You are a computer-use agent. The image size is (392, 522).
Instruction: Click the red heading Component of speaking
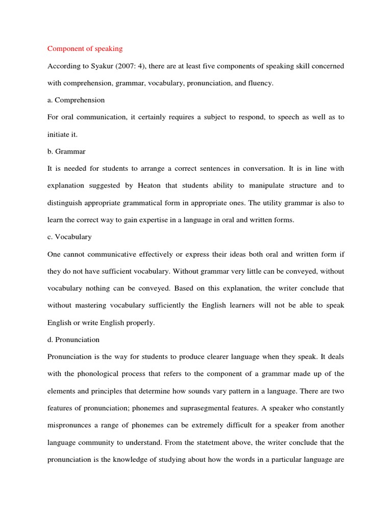(85, 49)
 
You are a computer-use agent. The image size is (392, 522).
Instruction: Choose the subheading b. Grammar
(67, 151)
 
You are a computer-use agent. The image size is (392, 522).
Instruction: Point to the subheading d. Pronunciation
(73, 340)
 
